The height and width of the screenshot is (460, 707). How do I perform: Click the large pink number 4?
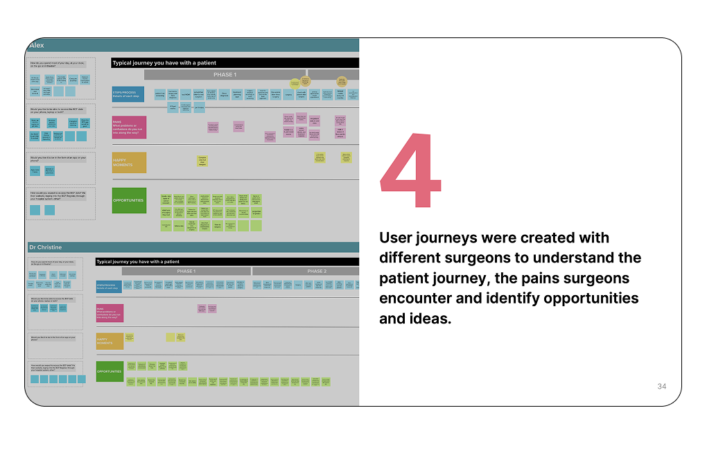411,170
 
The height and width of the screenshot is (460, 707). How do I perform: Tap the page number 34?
661,387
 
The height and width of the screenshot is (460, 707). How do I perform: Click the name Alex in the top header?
37,45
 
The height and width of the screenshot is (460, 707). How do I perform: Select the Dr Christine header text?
45,247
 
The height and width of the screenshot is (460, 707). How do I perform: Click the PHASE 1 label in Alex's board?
225,75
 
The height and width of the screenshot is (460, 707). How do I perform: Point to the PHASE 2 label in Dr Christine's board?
316,272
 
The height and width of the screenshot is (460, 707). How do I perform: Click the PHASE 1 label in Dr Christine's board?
186,272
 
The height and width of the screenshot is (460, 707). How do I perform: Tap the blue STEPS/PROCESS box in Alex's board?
128,94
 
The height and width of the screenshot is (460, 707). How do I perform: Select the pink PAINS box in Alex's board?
129,127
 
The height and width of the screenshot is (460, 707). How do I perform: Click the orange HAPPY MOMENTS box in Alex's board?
129,162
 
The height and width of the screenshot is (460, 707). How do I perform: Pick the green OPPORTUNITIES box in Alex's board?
129,200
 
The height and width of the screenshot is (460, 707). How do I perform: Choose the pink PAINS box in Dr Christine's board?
110,313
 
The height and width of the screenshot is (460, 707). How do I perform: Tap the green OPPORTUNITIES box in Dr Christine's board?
110,371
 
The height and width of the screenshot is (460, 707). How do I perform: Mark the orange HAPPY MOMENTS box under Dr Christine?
110,341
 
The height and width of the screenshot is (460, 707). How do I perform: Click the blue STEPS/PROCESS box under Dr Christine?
110,286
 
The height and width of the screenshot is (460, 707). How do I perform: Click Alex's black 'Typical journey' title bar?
235,63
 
